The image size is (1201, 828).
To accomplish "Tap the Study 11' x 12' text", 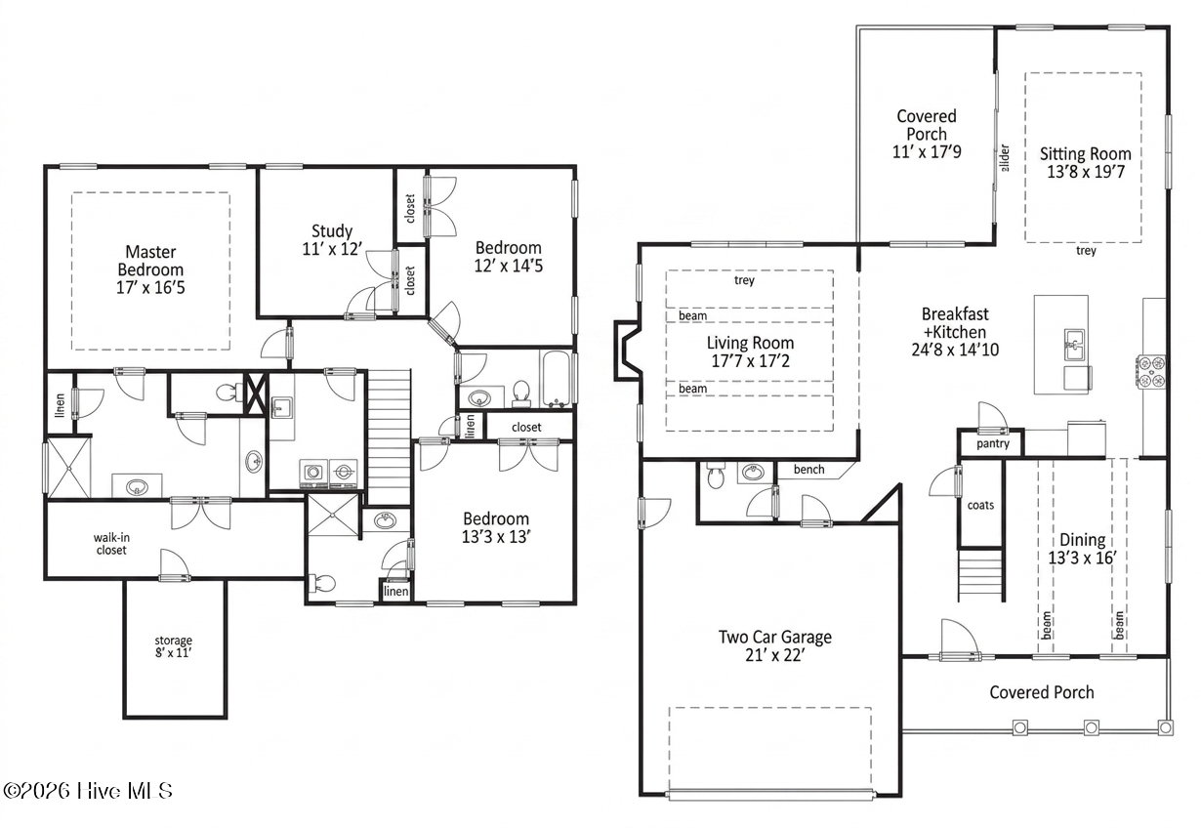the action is click(x=332, y=240).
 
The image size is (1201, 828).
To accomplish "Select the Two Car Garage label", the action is click(x=774, y=637).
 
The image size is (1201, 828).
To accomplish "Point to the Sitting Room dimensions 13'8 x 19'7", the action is click(x=1086, y=172).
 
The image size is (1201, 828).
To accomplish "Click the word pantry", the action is click(x=993, y=443).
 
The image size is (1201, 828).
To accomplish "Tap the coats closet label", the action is click(x=980, y=505).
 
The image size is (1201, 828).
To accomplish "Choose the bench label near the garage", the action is click(x=808, y=470).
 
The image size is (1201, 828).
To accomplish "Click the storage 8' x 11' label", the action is click(x=173, y=646).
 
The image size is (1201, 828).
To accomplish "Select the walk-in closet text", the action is click(x=111, y=544).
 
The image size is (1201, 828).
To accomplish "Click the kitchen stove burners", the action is click(x=1150, y=371).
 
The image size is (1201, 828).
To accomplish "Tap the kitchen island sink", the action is click(x=1074, y=346).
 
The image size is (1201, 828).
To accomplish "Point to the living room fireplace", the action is click(x=627, y=351).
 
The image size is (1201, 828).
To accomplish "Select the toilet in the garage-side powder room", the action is click(x=716, y=476).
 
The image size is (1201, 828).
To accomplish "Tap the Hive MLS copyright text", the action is click(x=88, y=791).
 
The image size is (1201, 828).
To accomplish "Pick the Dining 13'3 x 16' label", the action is click(x=1083, y=549).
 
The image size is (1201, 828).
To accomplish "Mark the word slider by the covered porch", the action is click(x=1005, y=157).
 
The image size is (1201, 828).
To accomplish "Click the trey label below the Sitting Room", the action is click(x=1086, y=250).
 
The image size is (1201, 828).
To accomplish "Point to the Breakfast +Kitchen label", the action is click(x=955, y=331).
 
